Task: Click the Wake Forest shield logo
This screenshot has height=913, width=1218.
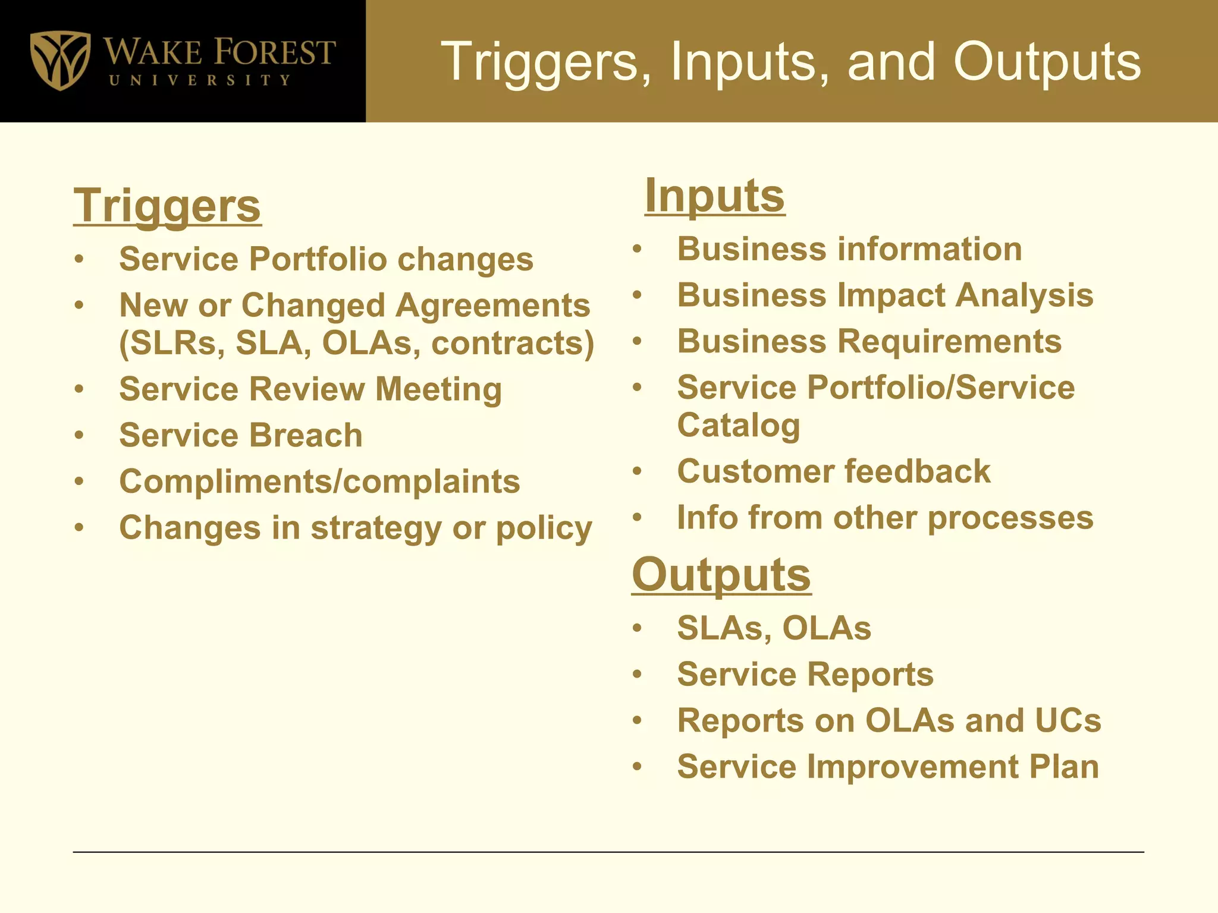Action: pyautogui.click(x=60, y=60)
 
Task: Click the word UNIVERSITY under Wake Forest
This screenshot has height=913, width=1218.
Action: pyautogui.click(x=200, y=80)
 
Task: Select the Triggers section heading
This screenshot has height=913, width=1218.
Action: pyautogui.click(x=167, y=206)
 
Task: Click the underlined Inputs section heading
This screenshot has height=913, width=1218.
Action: pyautogui.click(x=714, y=196)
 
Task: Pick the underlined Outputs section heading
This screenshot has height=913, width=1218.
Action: pyautogui.click(x=721, y=575)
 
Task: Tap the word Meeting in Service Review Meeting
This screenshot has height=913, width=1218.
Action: pyautogui.click(x=438, y=389)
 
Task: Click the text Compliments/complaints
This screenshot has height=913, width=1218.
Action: pyautogui.click(x=319, y=481)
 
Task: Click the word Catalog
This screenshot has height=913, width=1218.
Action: pyautogui.click(x=738, y=426)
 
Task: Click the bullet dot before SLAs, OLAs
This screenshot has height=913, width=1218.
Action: pyautogui.click(x=638, y=628)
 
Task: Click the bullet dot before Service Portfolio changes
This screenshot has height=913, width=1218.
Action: pyautogui.click(x=79, y=259)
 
